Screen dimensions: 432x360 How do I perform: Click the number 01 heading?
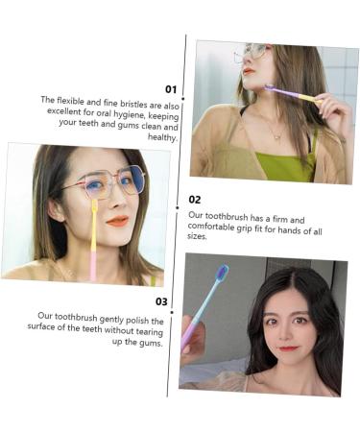(171, 89)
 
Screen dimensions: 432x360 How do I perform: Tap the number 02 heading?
(195, 200)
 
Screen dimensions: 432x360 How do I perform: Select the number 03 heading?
(161, 301)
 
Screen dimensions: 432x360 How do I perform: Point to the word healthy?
(163, 137)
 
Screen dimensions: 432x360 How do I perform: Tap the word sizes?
(198, 235)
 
